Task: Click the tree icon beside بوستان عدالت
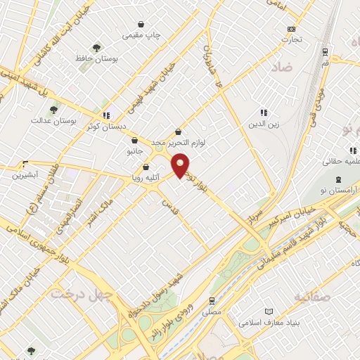coord(53,109)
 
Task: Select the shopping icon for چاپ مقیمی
coord(141,24)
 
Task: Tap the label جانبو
coord(134,150)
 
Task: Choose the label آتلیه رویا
coord(145,178)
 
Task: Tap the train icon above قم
coord(325,51)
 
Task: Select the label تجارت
coord(292,39)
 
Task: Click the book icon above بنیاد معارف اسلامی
coord(268,311)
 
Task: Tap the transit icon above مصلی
coord(211,299)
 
